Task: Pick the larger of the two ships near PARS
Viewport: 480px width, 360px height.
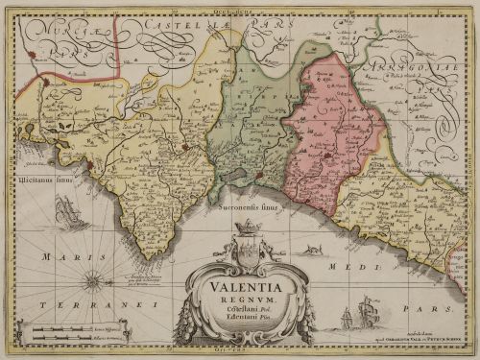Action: tap(366, 312)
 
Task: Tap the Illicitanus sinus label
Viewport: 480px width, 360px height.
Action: tap(38, 179)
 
